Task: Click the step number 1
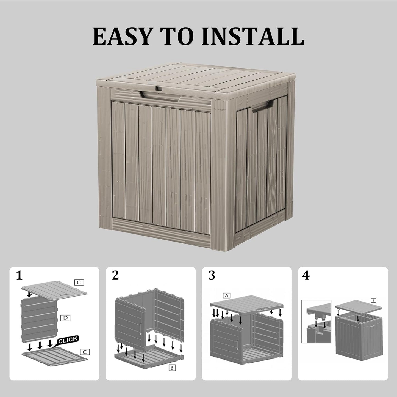[19, 275]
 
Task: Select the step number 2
[115, 275]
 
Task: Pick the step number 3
[212, 275]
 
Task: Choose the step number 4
[306, 275]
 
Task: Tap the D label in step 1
[65, 318]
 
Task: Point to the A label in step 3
[226, 295]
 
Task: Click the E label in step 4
[373, 300]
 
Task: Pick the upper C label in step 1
[79, 282]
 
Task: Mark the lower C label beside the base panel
[85, 352]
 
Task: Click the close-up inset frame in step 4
[316, 321]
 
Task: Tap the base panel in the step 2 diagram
[148, 358]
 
